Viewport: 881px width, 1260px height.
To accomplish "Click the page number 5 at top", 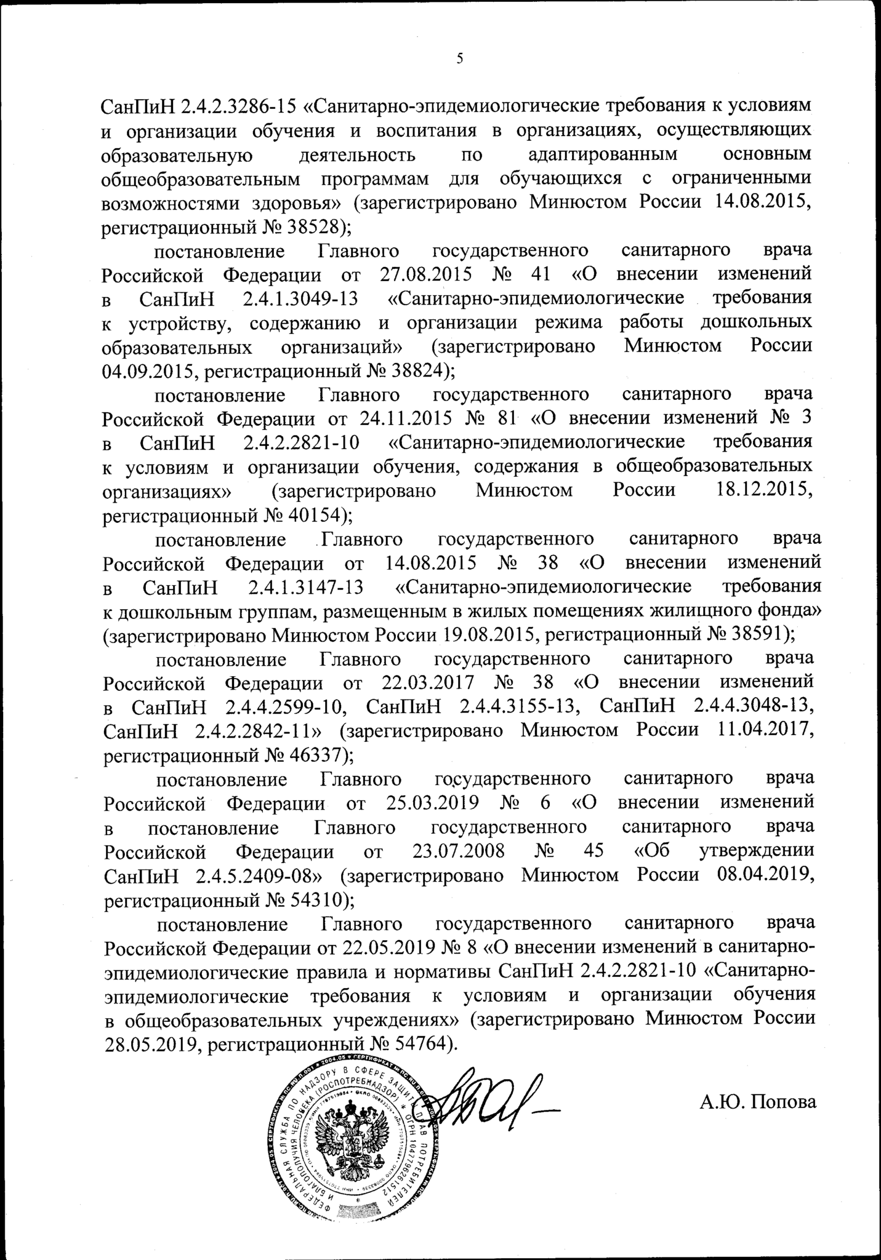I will point(459,59).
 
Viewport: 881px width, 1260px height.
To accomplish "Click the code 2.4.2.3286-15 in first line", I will point(239,107).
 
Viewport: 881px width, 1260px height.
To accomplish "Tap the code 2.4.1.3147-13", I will point(305,587).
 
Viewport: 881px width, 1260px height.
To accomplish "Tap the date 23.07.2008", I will point(457,851).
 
